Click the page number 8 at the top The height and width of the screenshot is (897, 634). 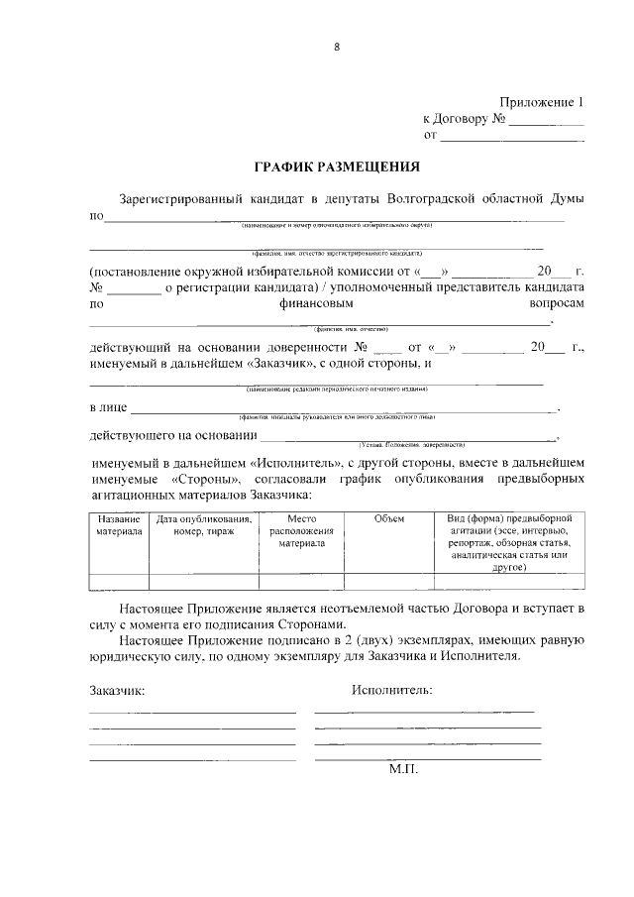click(x=336, y=47)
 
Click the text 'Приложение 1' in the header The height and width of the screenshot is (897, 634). click(x=543, y=101)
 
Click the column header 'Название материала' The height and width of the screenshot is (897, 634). click(x=119, y=525)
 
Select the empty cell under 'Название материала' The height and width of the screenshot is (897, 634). click(x=119, y=582)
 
